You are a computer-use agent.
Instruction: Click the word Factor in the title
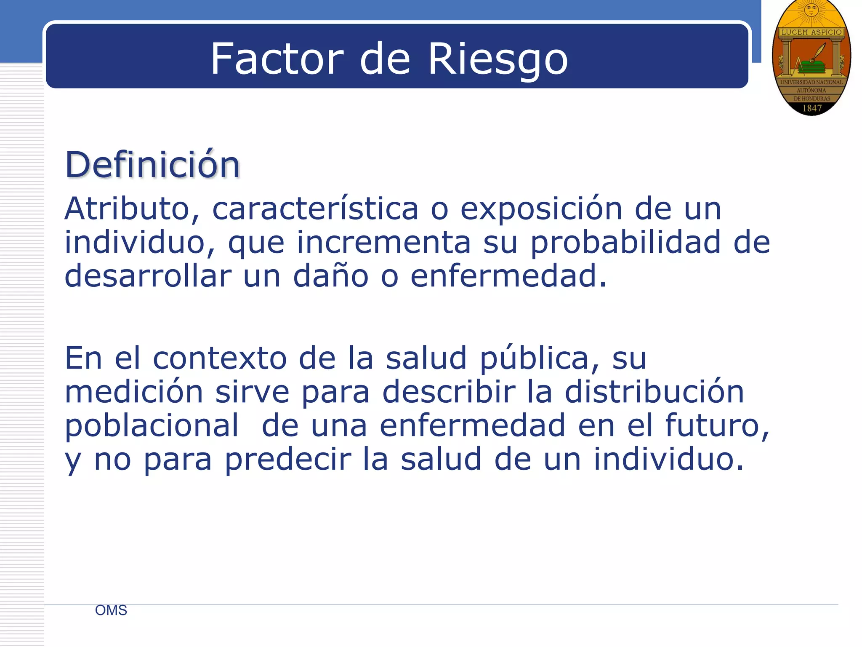(x=277, y=59)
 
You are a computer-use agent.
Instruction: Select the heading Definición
(x=152, y=165)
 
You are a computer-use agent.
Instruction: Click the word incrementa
(x=383, y=243)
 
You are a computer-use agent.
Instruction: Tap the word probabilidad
(x=625, y=243)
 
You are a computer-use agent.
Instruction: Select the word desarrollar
(x=148, y=276)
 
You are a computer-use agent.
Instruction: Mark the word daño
(x=330, y=276)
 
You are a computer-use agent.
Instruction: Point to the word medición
(x=134, y=392)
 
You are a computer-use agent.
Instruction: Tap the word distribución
(x=654, y=392)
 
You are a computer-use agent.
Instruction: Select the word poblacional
(x=152, y=426)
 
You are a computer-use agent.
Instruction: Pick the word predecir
(x=287, y=460)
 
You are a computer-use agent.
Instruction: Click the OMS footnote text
(x=111, y=610)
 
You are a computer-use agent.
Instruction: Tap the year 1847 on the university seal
(x=812, y=108)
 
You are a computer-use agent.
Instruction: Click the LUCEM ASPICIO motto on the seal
(x=811, y=32)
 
